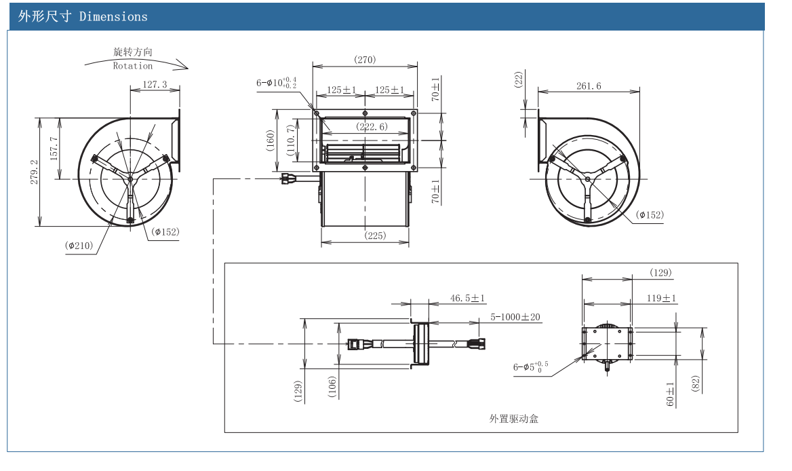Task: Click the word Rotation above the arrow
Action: click(x=133, y=66)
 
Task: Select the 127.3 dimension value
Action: click(x=155, y=85)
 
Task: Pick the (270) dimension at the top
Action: click(x=365, y=60)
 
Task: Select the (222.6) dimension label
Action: click(x=372, y=127)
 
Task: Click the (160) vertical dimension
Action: click(x=271, y=141)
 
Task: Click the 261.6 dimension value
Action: click(x=589, y=86)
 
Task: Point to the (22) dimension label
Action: click(x=519, y=80)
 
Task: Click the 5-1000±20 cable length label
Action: click(x=516, y=317)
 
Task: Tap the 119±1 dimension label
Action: click(x=662, y=298)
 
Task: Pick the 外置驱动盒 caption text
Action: click(x=513, y=419)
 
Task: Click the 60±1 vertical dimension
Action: click(x=669, y=394)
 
